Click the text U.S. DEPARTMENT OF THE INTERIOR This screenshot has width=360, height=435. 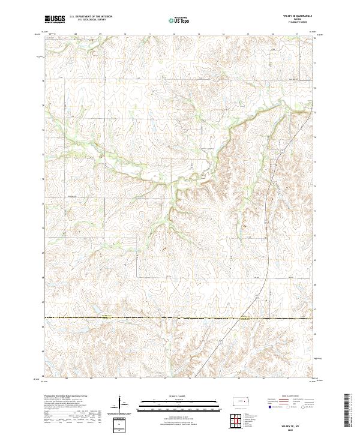tap(92, 17)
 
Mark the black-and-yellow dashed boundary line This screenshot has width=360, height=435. tap(180, 317)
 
